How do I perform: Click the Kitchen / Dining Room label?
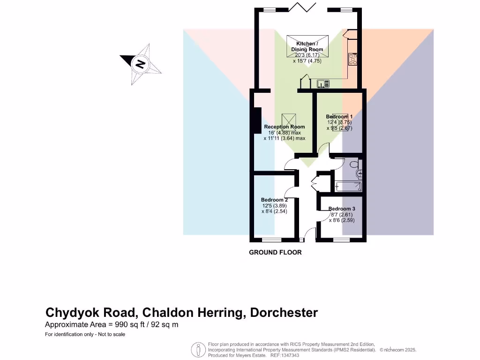pos(307,46)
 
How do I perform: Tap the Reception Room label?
pos(284,127)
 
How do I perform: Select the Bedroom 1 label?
pos(339,116)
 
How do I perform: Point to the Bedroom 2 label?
pos(274,200)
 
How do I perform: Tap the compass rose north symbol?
pos(140,64)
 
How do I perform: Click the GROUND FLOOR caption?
pos(275,252)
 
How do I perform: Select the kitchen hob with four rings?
pos(352,59)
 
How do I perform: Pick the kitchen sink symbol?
pos(323,84)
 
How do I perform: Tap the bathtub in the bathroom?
pos(348,186)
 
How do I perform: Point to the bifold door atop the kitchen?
pos(302,8)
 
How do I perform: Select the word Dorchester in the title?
pos(284,313)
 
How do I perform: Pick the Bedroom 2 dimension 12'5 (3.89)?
pos(274,205)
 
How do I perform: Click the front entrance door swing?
pos(310,232)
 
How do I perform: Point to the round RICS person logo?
pos(198,350)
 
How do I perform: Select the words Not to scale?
pos(110,334)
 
